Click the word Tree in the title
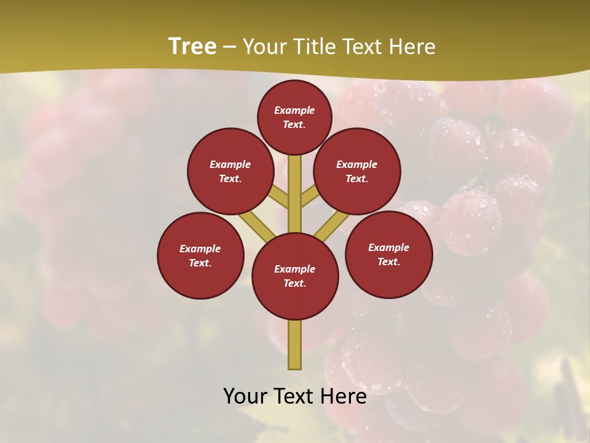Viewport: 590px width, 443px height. click(x=192, y=46)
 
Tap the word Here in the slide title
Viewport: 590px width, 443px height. click(x=412, y=47)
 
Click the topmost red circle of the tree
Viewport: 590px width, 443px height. click(x=294, y=117)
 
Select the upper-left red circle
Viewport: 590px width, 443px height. click(x=230, y=171)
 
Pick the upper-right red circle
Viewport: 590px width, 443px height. click(x=357, y=171)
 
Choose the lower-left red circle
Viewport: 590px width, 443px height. click(x=200, y=255)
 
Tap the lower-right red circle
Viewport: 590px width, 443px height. click(x=388, y=254)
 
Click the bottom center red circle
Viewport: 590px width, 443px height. click(x=295, y=276)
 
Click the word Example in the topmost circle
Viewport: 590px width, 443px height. click(x=294, y=110)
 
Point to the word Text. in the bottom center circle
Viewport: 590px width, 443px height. click(x=295, y=284)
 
